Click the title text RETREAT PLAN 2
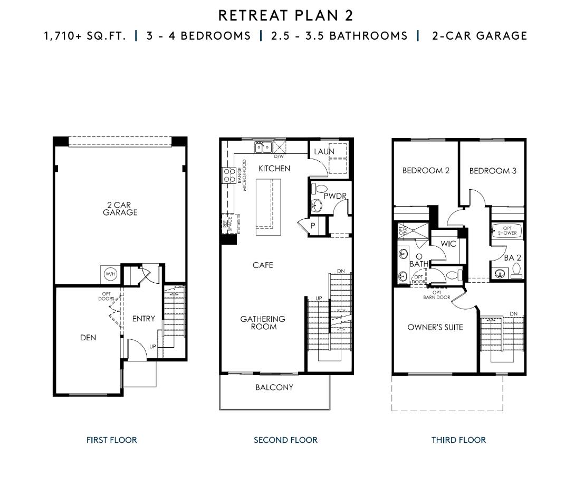click(x=285, y=15)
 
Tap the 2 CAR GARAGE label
click(x=120, y=209)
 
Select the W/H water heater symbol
click(x=110, y=274)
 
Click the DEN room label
click(x=88, y=338)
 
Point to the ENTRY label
click(x=143, y=319)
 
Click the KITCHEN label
click(x=274, y=169)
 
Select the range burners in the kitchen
click(x=230, y=175)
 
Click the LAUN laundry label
click(x=324, y=152)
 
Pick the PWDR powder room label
click(x=335, y=196)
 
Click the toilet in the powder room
click(x=319, y=189)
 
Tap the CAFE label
click(x=262, y=265)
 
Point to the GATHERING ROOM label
click(x=263, y=323)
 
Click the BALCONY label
click(x=274, y=387)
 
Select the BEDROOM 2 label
click(x=426, y=171)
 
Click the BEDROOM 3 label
click(x=493, y=171)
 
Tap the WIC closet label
click(x=448, y=244)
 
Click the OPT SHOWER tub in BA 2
click(x=507, y=231)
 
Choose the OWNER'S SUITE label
click(x=435, y=327)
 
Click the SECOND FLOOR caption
click(x=285, y=440)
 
